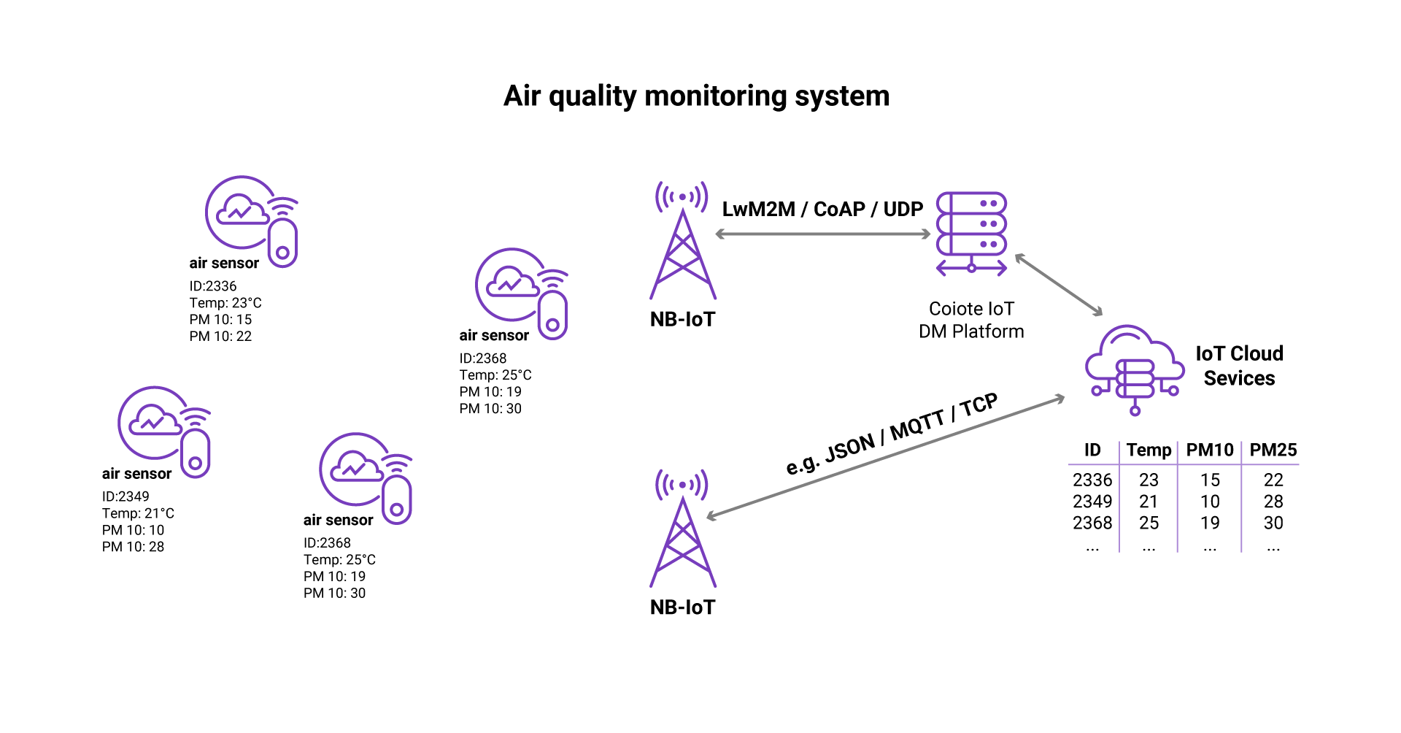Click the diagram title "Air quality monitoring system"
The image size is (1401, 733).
696,96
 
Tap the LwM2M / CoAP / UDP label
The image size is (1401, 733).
822,210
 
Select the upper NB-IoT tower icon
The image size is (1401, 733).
682,241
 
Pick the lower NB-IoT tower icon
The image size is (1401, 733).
682,529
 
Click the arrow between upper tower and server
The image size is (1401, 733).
822,234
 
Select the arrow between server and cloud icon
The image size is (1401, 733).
1059,285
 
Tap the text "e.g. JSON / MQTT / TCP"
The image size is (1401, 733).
891,434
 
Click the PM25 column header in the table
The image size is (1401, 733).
1273,450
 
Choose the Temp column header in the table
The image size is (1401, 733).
1149,450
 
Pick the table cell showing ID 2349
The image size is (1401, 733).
1092,502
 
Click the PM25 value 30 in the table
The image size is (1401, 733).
1273,523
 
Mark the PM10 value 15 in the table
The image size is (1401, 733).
1210,480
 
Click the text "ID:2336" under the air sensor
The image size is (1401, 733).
213,286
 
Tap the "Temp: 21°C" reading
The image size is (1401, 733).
138,513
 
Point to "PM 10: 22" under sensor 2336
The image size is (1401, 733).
220,337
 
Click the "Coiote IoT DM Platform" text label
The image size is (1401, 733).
971,320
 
